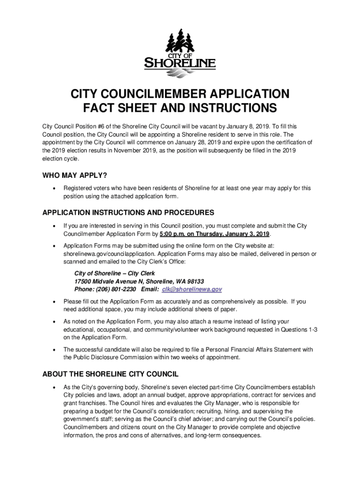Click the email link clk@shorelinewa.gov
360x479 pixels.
192,289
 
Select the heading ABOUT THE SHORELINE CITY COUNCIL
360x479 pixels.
110,374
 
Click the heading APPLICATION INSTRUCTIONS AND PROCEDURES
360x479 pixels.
128,212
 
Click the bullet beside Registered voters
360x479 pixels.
55,188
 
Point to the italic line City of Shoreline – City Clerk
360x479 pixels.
115,273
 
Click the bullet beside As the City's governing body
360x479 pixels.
55,387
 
